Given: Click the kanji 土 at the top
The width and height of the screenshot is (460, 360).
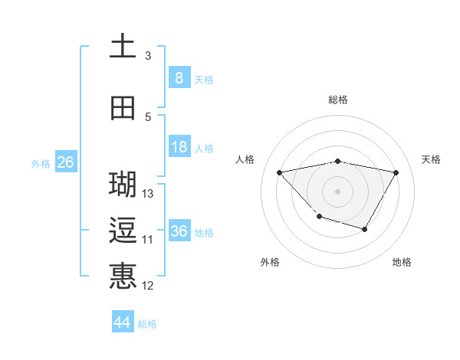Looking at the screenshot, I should click(123, 46).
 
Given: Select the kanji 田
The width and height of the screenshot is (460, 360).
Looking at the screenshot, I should click(123, 108).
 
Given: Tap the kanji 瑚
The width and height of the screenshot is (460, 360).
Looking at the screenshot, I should click(123, 184).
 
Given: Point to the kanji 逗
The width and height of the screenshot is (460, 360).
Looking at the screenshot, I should click(123, 231).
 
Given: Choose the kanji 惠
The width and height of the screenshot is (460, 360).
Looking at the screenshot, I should click(123, 276).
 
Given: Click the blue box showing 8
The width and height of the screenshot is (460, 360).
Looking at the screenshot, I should click(179, 77).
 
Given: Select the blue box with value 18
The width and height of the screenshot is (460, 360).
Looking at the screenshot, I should click(179, 147).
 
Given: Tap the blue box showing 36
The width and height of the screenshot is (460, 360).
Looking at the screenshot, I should click(179, 231).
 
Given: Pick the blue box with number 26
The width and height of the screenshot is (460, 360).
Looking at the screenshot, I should click(65, 162).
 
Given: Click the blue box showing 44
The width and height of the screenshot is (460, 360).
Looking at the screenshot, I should click(122, 322).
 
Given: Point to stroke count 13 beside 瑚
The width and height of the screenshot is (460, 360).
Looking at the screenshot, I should click(149, 194).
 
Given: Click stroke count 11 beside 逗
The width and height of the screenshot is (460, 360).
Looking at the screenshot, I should click(148, 240).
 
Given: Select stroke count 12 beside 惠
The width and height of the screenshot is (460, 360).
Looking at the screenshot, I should click(148, 286).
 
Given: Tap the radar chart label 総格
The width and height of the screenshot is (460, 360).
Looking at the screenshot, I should click(337, 100).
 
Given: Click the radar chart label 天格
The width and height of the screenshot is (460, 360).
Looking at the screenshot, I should click(432, 159).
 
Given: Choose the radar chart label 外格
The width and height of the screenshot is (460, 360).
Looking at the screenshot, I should click(270, 262).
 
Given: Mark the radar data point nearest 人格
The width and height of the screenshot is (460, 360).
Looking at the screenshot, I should click(280, 172).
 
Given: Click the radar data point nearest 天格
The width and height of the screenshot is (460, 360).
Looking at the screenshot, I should click(396, 172).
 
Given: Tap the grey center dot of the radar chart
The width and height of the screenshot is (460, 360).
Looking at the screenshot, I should click(337, 191).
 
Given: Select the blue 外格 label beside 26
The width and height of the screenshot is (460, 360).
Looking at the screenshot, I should click(40, 163).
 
